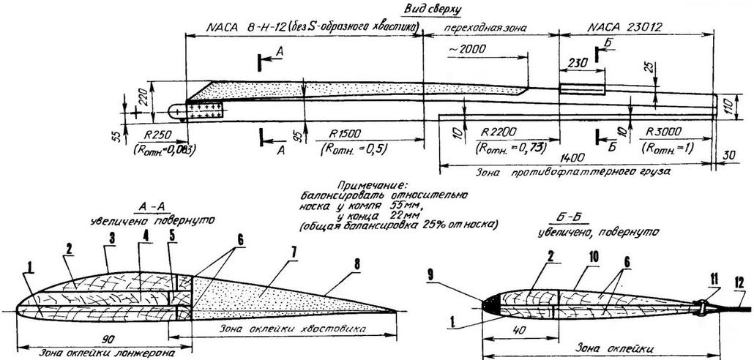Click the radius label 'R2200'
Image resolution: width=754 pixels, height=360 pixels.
(x=500, y=134)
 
